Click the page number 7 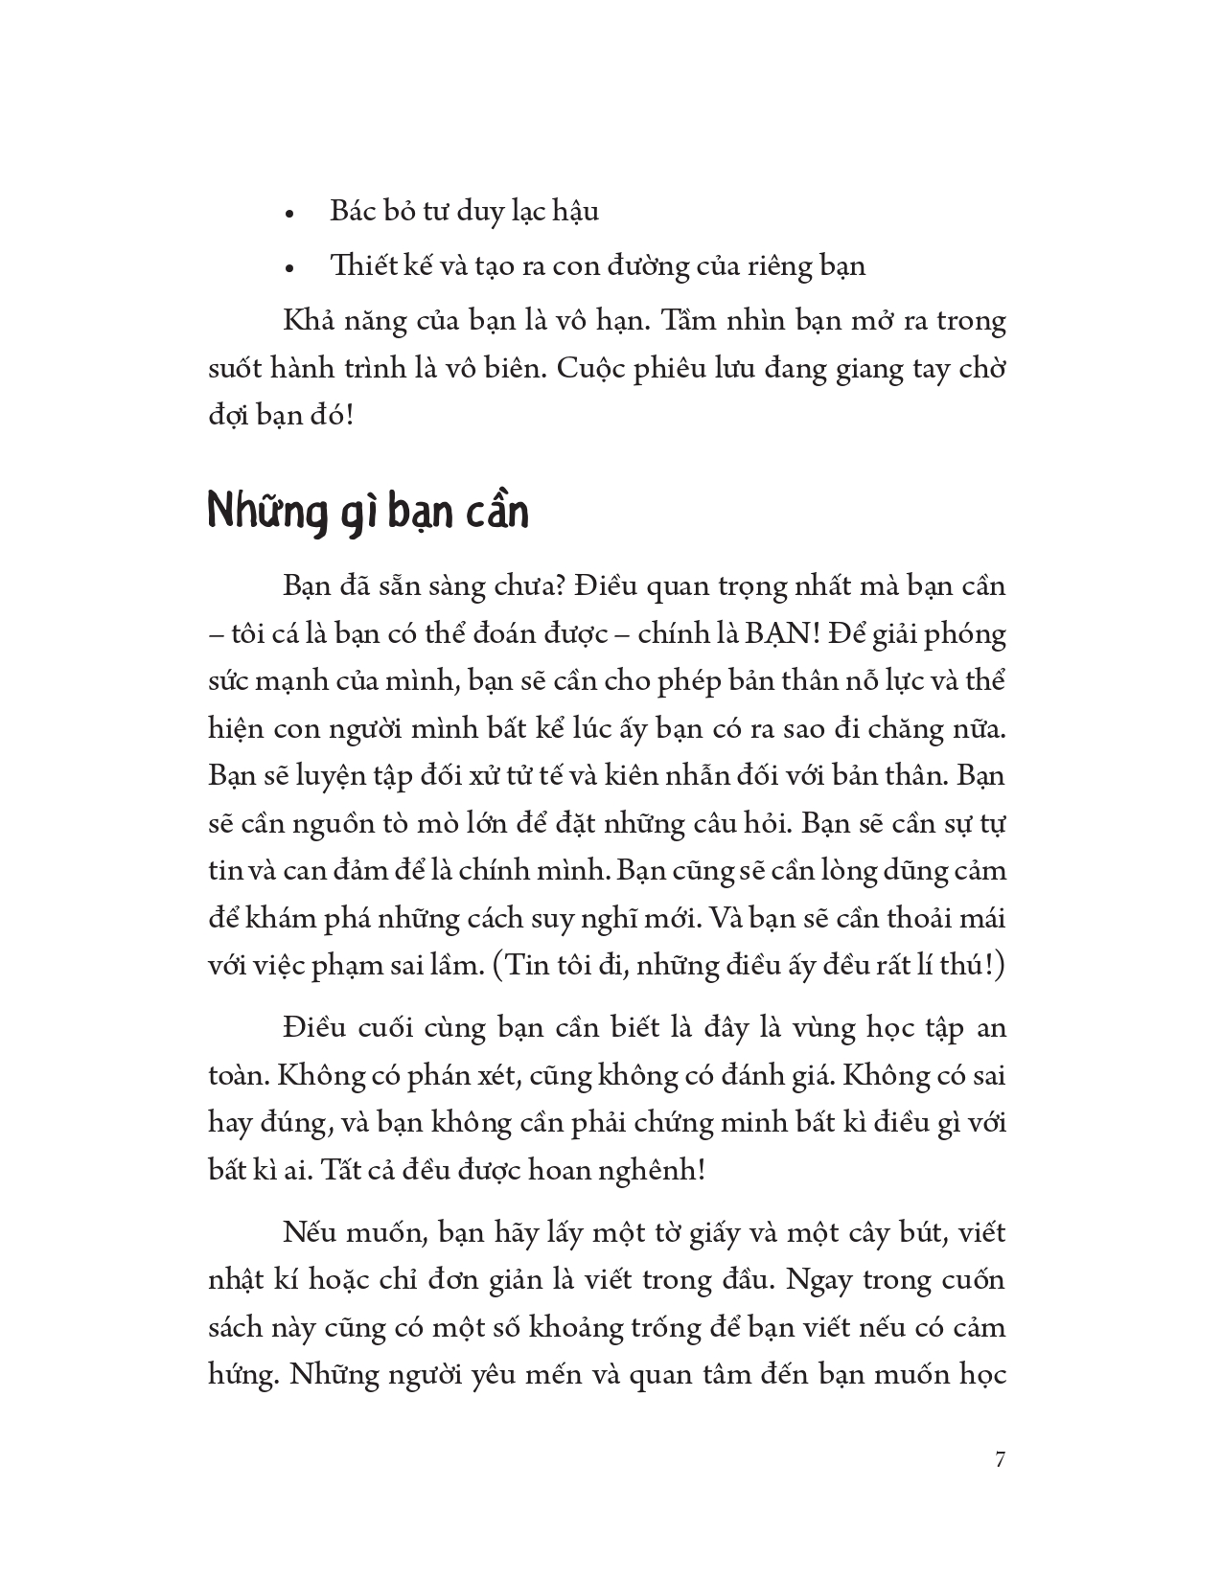click(1001, 1460)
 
